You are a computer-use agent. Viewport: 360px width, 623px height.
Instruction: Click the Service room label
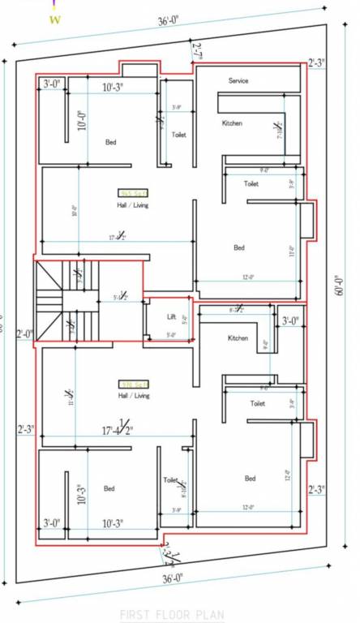point(238,81)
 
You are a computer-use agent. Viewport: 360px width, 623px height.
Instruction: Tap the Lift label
point(171,316)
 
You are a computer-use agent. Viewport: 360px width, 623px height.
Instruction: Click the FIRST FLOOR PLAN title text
point(172,616)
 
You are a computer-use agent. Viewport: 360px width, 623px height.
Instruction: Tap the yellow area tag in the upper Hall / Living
point(133,193)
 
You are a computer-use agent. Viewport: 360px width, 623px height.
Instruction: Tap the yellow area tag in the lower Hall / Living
point(133,385)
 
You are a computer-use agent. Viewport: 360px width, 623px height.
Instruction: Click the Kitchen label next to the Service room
point(233,123)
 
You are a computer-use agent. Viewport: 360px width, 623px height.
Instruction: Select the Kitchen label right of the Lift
point(238,337)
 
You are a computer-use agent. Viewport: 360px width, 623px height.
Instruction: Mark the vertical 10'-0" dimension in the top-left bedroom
point(82,121)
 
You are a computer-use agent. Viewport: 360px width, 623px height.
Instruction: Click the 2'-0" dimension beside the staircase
point(24,333)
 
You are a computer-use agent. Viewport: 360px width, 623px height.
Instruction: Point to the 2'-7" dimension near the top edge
point(196,50)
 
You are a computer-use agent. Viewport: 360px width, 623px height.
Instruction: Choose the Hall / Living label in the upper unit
point(133,205)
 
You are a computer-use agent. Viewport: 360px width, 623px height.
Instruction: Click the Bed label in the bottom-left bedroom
point(109,488)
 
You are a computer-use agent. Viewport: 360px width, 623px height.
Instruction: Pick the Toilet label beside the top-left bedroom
point(178,135)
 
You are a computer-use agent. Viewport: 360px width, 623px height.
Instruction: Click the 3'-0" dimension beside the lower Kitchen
point(290,321)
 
